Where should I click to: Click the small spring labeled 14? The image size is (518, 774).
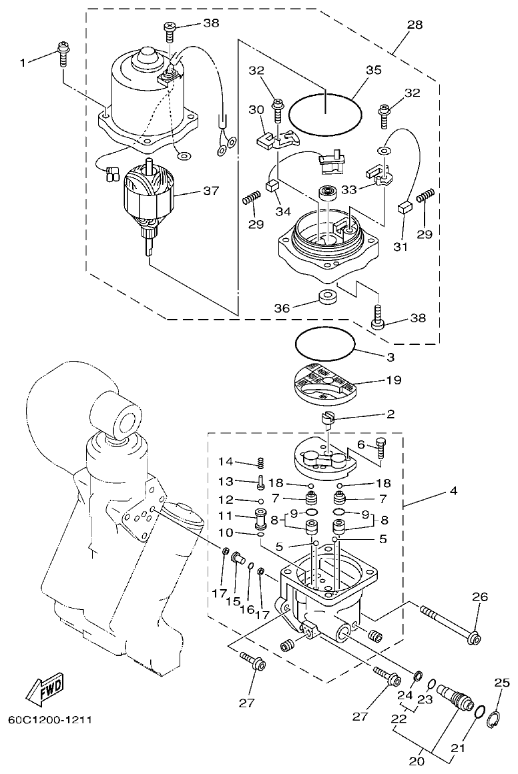coord(262,462)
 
